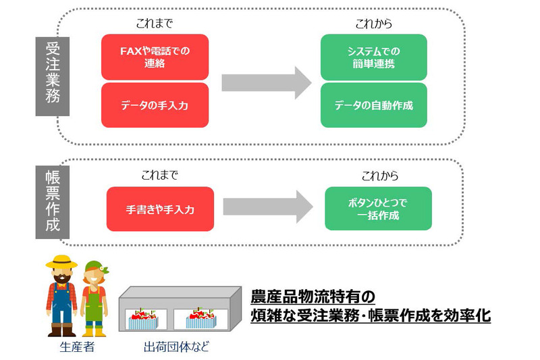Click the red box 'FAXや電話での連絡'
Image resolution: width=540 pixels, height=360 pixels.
coord(155,57)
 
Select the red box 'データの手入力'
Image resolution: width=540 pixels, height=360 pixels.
coord(155,105)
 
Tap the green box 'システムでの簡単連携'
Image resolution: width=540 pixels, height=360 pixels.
coord(373,57)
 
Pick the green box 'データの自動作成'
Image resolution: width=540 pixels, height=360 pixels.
coord(373,105)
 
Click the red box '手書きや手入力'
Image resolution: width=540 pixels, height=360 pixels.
coord(160,209)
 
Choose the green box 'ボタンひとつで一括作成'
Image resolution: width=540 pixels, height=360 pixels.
coord(378,209)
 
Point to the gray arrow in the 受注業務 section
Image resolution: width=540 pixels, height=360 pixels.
coord(265,82)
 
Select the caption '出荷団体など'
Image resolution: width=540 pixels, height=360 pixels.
coord(177,349)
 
